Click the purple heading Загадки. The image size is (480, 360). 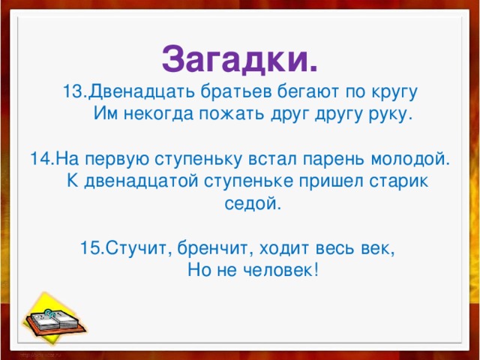click(239, 56)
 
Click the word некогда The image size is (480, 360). click(154, 115)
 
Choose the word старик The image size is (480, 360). click(399, 181)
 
